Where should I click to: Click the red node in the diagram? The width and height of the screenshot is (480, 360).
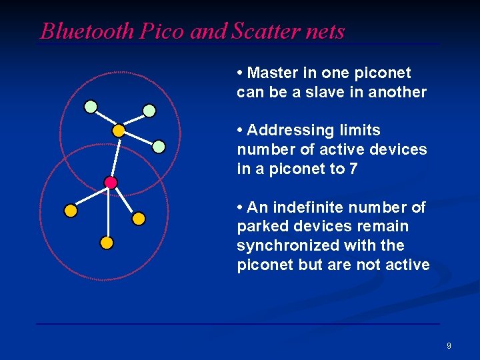click(111, 182)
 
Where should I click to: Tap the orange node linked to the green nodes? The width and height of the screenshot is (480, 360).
click(118, 131)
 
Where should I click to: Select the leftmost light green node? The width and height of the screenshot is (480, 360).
click(91, 106)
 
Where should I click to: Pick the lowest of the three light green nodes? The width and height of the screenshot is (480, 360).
click(159, 146)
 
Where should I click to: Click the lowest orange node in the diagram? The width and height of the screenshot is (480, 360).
click(106, 243)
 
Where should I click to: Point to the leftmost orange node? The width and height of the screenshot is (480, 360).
click(71, 211)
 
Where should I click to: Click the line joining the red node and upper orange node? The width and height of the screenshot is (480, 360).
click(115, 157)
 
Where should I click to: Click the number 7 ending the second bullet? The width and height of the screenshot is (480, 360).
click(353, 169)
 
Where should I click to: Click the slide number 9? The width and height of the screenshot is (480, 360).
click(449, 345)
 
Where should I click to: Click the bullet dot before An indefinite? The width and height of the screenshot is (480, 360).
click(240, 207)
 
